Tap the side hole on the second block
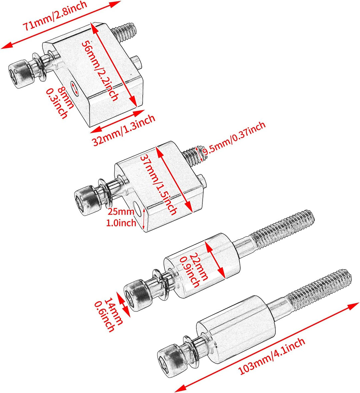pos(137,212)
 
